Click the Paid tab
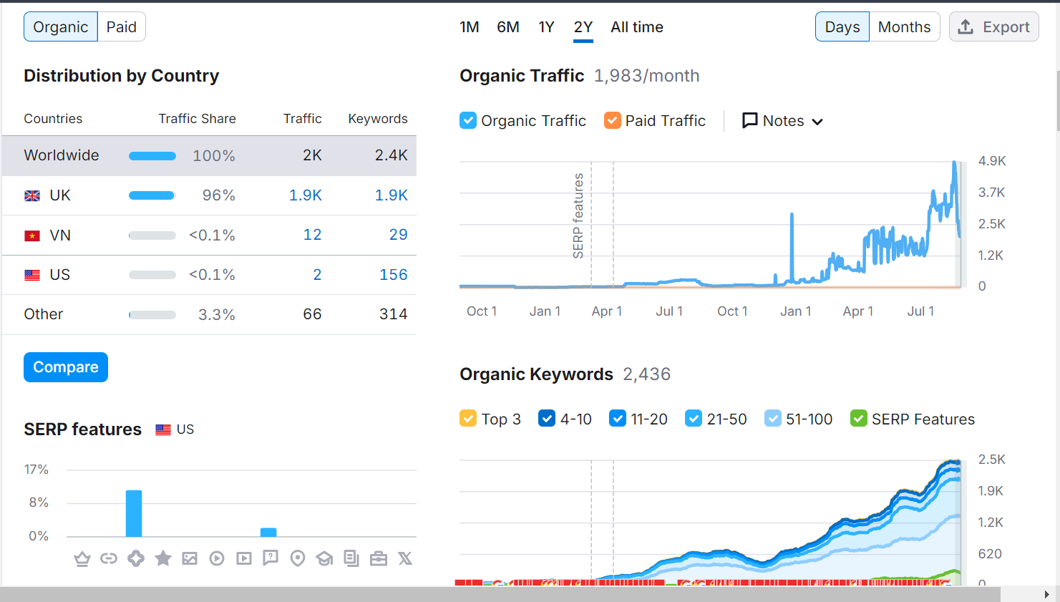tap(121, 27)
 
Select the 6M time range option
tap(508, 27)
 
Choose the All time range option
tap(636, 27)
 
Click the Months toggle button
tap(904, 27)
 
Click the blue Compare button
tap(66, 367)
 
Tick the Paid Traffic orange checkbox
tap(612, 120)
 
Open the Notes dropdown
tap(782, 121)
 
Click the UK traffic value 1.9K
tap(305, 195)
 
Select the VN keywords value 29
tap(398, 235)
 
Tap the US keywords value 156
tap(393, 275)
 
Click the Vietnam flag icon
tap(32, 236)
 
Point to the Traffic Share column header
tap(197, 119)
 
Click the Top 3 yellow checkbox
tap(468, 419)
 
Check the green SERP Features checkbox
tap(858, 419)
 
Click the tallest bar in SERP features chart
tap(134, 513)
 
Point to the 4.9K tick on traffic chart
tap(991, 161)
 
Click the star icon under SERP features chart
tap(163, 558)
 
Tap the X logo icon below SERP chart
tap(405, 558)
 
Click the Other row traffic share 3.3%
tap(216, 315)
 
